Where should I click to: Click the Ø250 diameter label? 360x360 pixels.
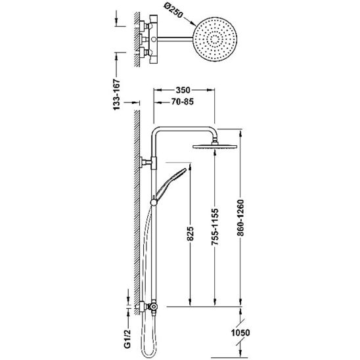coord(173,11)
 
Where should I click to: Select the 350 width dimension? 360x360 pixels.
coord(183,90)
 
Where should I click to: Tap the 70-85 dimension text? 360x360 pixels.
coord(183,102)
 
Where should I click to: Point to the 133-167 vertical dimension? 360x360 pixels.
coord(117,95)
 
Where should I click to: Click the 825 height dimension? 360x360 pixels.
coord(190,234)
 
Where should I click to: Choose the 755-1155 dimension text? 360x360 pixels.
coord(215,227)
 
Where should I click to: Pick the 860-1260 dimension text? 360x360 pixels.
coord(240,218)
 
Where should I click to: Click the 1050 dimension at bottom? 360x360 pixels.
coord(240,332)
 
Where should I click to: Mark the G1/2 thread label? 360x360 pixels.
coord(128,338)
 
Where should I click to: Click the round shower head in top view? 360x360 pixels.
coord(215,39)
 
